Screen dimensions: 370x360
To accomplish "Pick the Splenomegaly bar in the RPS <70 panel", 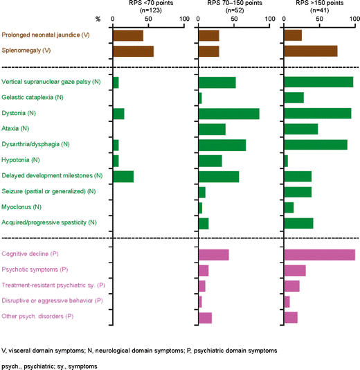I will tap(133, 51).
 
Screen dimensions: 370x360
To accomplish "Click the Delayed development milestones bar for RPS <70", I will tap(123, 176).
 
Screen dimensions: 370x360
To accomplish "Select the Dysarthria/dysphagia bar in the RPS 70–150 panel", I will tap(222, 145).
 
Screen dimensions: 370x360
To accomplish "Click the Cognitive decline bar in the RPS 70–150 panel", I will tap(213, 254).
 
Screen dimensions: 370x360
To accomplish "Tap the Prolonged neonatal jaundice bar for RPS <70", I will tap(127, 35).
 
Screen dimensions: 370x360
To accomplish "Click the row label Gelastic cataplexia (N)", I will tap(33, 98).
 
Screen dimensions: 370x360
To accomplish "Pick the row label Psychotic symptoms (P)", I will tap(35, 270).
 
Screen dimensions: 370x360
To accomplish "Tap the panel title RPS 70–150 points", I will tap(233, 3).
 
